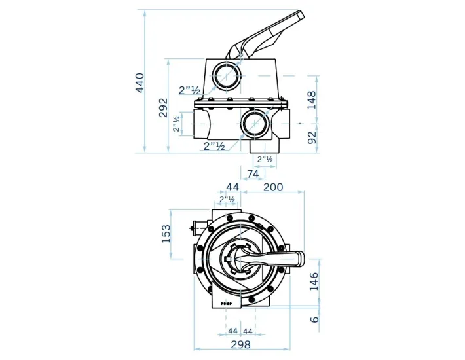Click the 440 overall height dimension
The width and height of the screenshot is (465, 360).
click(x=139, y=83)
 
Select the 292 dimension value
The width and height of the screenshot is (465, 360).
click(x=163, y=107)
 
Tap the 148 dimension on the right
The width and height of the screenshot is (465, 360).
click(x=312, y=99)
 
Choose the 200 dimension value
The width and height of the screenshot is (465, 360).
click(x=272, y=187)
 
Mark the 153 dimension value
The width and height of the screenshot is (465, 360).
click(x=166, y=233)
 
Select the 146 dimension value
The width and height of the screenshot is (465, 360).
click(x=313, y=282)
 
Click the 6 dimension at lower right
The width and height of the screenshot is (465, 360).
click(x=314, y=319)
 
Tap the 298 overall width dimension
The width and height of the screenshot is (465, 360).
click(x=240, y=344)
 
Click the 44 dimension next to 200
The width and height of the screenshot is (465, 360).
click(x=232, y=187)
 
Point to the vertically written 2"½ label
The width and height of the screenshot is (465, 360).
click(x=176, y=124)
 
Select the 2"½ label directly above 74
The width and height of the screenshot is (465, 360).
click(x=265, y=159)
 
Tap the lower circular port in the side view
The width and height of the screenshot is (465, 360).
click(x=254, y=122)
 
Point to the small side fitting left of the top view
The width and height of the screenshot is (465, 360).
click(x=193, y=228)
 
